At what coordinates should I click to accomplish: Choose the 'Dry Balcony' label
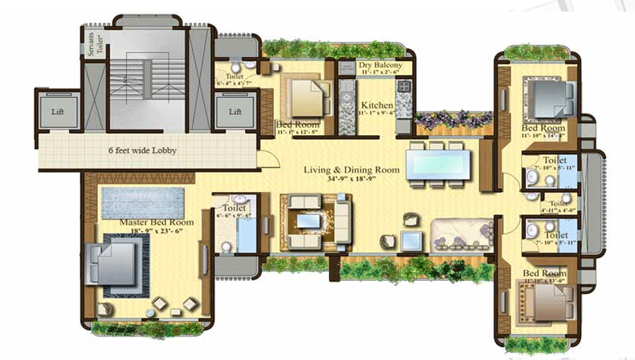coord(382,65)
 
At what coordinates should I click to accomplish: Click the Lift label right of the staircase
coord(235,112)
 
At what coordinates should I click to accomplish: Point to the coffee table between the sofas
coord(310,221)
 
